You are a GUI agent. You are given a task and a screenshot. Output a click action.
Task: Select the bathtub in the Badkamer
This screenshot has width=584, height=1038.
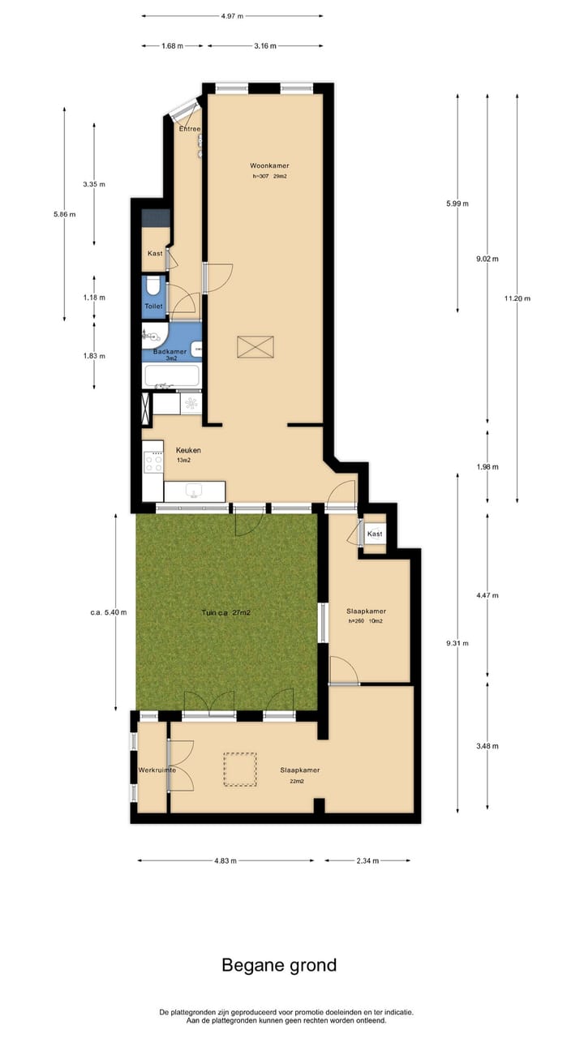click(x=171, y=376)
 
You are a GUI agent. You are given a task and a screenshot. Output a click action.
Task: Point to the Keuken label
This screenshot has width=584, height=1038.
click(x=188, y=450)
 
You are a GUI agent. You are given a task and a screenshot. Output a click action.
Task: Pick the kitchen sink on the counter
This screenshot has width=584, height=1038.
click(x=194, y=491)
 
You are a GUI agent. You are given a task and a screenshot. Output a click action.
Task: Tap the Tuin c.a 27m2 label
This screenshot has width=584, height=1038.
click(x=225, y=613)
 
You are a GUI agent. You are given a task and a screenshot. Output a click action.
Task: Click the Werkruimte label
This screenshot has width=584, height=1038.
click(x=157, y=770)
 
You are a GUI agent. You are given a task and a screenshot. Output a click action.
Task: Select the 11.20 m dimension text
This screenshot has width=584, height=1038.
click(x=517, y=298)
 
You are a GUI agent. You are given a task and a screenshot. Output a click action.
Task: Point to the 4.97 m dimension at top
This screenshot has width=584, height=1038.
click(x=232, y=15)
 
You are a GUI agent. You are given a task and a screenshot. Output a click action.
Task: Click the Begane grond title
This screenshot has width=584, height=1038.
click(x=279, y=965)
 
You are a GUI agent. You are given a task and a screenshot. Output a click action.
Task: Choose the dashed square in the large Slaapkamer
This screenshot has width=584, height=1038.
click(x=240, y=770)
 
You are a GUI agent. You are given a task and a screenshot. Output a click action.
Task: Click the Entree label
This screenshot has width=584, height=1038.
click(x=189, y=130)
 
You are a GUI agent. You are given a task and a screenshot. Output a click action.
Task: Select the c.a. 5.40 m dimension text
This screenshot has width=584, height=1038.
click(x=109, y=612)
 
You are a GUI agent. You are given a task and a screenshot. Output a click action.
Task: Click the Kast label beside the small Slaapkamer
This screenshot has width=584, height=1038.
click(x=375, y=534)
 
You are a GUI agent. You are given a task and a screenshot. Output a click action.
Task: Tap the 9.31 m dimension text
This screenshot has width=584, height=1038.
click(x=457, y=643)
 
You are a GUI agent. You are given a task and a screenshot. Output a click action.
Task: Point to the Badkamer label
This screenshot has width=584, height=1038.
click(x=170, y=351)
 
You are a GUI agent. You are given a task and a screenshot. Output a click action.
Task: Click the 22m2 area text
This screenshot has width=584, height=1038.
click(x=296, y=783)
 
